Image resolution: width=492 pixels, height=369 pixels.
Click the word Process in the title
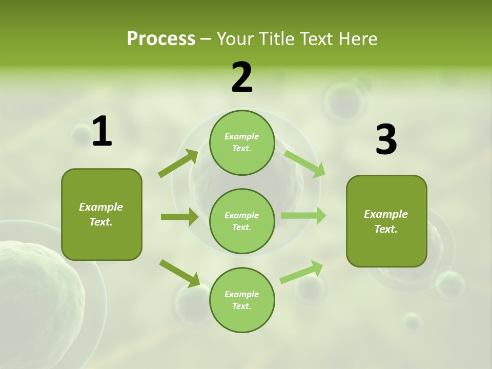click(x=161, y=39)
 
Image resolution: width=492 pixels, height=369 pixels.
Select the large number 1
click(x=102, y=132)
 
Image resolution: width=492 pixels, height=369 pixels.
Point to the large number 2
click(x=242, y=78)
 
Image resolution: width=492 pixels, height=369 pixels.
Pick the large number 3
click(x=386, y=140)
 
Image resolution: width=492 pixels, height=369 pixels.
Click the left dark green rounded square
click(x=101, y=214)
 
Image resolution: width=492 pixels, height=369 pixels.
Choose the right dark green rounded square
click(x=386, y=221)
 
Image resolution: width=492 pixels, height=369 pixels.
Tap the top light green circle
click(x=242, y=142)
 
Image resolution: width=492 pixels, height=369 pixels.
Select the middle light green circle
click(x=242, y=221)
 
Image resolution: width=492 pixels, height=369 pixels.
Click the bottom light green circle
click(x=242, y=300)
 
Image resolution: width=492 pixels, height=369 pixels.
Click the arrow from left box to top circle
click(x=178, y=163)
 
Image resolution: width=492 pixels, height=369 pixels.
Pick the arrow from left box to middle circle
click(x=179, y=217)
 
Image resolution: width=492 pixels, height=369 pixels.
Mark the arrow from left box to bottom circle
click(x=179, y=273)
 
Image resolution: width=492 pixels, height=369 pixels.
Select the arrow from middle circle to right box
click(x=303, y=215)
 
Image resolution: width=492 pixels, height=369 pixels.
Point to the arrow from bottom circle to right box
click(x=301, y=272)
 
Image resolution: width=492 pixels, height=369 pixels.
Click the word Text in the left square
click(x=101, y=222)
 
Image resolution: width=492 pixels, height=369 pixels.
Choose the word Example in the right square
click(x=386, y=214)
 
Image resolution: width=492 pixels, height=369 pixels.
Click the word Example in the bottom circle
click(x=241, y=294)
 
